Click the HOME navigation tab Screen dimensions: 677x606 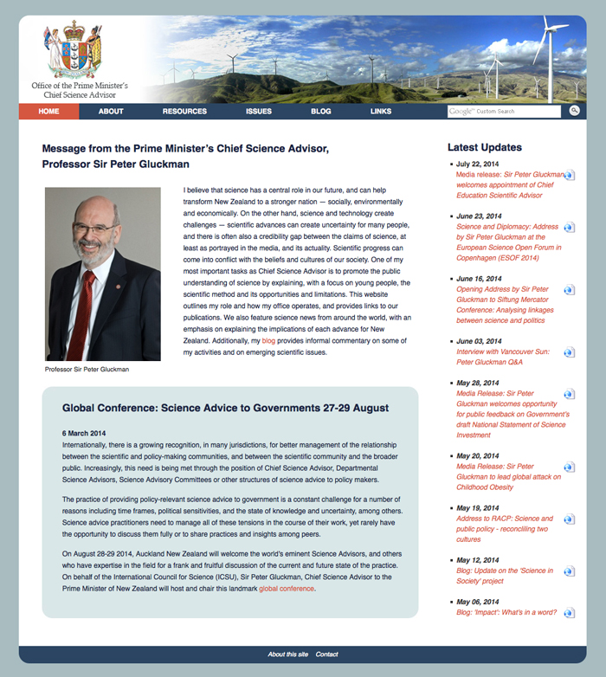[x=48, y=111]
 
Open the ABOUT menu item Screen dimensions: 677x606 [x=111, y=111]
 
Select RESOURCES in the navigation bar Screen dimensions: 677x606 [x=184, y=111]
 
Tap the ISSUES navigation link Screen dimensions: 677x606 [x=258, y=111]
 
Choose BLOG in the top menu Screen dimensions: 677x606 [x=320, y=111]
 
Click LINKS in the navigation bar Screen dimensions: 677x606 [x=381, y=111]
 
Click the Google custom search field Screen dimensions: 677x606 [x=505, y=111]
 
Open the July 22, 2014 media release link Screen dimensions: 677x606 [x=509, y=184]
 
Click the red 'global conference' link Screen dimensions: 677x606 [x=287, y=589]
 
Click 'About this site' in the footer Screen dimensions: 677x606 [x=287, y=654]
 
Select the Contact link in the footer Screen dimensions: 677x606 [x=326, y=654]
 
